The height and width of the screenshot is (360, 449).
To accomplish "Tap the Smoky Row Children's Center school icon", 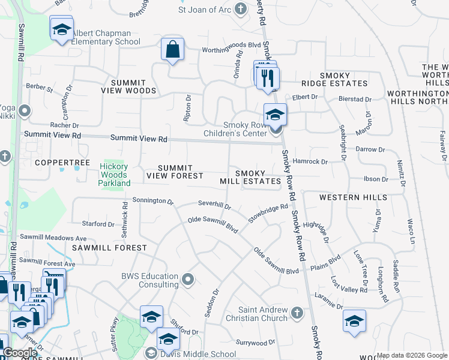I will [275, 114].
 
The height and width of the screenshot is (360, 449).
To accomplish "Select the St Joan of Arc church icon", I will [241, 9].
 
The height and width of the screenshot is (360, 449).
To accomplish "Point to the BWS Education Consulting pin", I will [188, 280].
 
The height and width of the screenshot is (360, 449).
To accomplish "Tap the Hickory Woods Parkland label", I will [114, 175].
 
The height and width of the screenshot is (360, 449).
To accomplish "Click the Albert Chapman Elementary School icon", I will [61, 29].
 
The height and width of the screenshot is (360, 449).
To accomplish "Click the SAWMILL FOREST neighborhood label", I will [109, 247].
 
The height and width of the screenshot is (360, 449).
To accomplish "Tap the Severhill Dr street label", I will [214, 206].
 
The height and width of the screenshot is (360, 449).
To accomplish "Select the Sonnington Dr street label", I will [152, 200].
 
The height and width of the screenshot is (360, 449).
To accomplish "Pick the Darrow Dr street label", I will [370, 149].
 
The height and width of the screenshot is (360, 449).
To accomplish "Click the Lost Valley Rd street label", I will [349, 285].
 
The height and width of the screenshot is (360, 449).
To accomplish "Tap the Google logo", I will [20, 353].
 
